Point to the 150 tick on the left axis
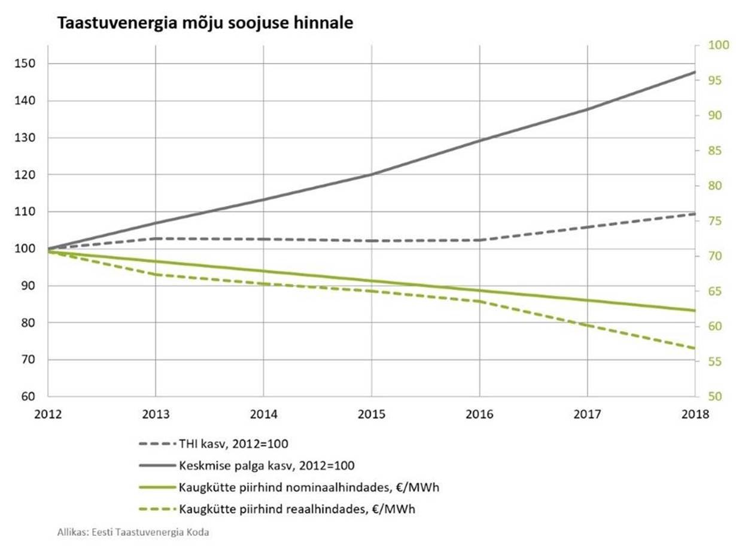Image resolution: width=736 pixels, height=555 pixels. (x=27, y=64)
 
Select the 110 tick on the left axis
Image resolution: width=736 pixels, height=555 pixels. (x=27, y=212)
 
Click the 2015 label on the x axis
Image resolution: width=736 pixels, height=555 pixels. (x=371, y=414)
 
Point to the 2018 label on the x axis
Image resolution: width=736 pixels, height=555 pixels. (x=694, y=414)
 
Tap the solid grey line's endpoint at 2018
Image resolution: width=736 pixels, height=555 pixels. (x=695, y=72)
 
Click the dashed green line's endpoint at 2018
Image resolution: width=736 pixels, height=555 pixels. (x=695, y=348)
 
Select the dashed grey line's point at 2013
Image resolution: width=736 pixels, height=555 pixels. (x=156, y=238)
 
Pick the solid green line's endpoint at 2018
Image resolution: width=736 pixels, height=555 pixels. (x=695, y=310)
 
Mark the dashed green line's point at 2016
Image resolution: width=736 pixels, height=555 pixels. (x=479, y=301)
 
